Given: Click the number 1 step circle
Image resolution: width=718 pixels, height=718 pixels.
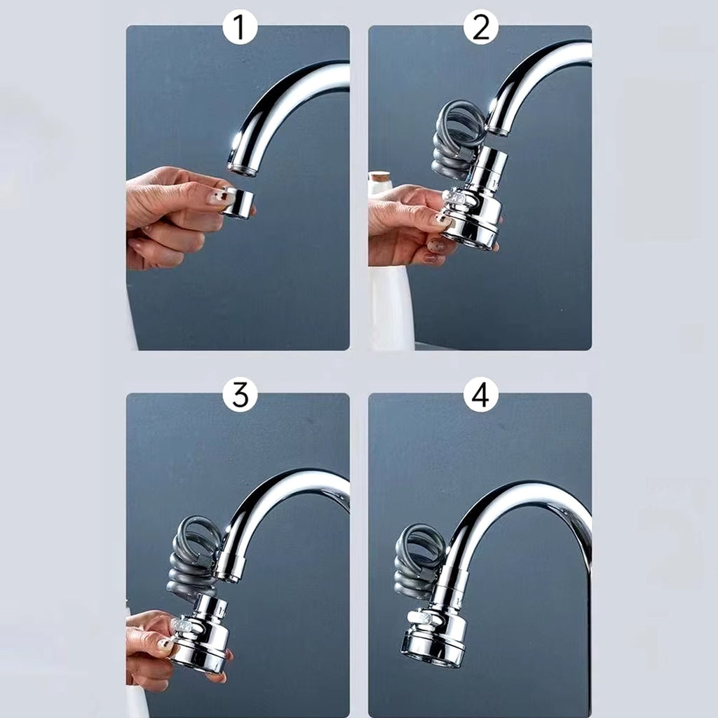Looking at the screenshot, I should pyautogui.click(x=240, y=27).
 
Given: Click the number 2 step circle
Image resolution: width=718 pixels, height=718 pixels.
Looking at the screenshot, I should pyautogui.click(x=480, y=27).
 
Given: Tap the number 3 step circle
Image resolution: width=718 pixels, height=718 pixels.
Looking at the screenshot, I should pyautogui.click(x=240, y=395).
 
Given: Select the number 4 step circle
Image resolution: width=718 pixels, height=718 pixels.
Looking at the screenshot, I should pyautogui.click(x=480, y=395).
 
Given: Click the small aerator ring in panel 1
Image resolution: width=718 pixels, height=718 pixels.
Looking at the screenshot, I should pyautogui.click(x=238, y=202).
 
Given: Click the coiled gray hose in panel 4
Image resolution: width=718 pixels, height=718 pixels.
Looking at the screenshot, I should pyautogui.click(x=419, y=561).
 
